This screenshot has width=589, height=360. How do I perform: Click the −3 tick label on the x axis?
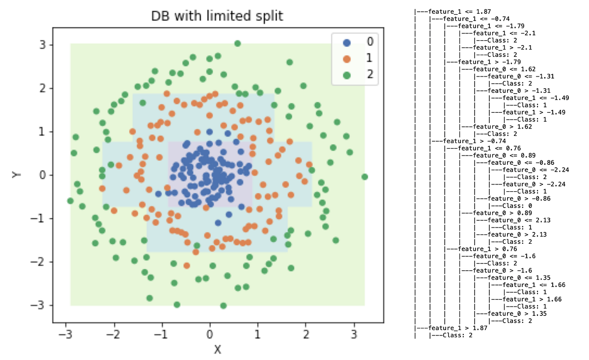click(66, 334)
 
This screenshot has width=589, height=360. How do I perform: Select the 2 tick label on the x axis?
click(306, 334)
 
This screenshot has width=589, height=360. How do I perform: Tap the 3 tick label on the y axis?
click(43, 45)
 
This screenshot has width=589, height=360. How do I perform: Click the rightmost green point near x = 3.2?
click(365, 177)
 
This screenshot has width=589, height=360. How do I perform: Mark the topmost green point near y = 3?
click(238, 43)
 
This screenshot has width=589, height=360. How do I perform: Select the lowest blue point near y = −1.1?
click(218, 223)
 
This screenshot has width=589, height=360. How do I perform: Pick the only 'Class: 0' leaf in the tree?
click(508, 206)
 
